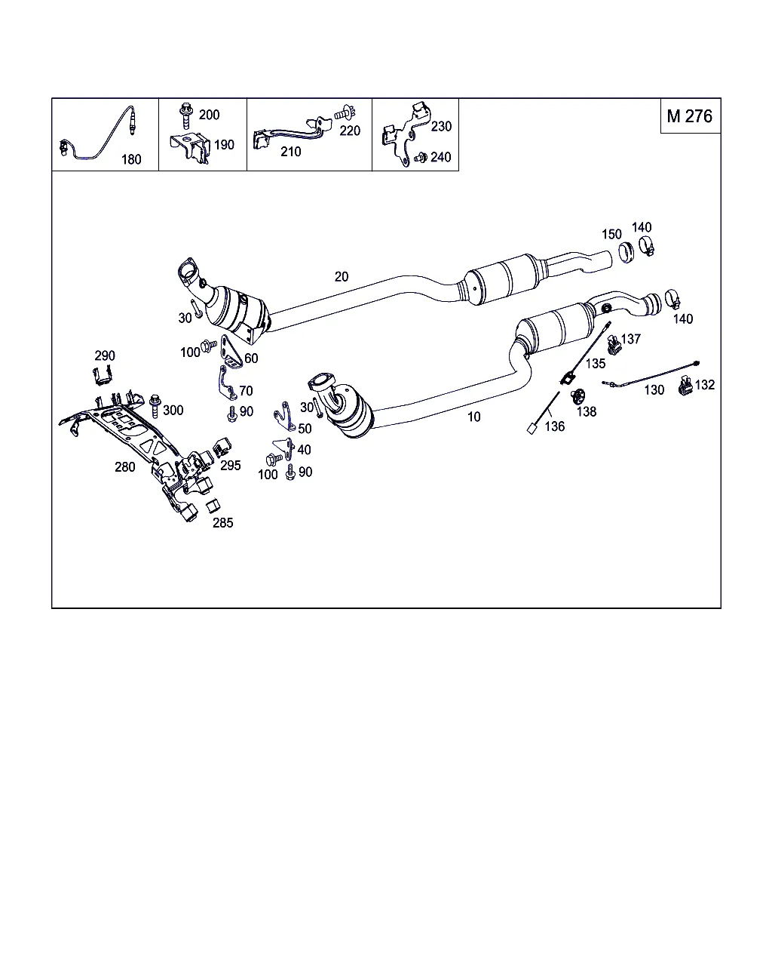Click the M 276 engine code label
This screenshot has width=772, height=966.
(x=690, y=116)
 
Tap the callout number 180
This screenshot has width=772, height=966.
(x=131, y=159)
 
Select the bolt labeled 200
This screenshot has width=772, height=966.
(x=185, y=115)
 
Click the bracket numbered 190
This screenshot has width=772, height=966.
(x=191, y=147)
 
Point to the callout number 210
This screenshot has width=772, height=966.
(x=291, y=152)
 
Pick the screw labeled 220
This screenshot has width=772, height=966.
(x=345, y=112)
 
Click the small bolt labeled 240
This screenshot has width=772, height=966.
(x=421, y=158)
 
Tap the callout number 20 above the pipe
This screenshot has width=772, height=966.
(x=342, y=276)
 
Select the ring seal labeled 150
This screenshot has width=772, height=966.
(x=626, y=252)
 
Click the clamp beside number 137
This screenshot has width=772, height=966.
(x=613, y=343)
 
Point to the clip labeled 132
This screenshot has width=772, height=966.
(x=685, y=386)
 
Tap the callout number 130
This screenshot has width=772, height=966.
(x=654, y=390)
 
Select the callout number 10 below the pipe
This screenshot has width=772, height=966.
(x=473, y=417)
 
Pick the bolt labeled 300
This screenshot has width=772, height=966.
(x=155, y=406)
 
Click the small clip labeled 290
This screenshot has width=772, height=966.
(x=103, y=374)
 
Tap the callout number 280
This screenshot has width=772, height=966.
(x=124, y=467)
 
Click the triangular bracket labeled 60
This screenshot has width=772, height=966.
(x=231, y=352)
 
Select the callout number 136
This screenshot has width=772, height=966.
(x=554, y=426)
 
